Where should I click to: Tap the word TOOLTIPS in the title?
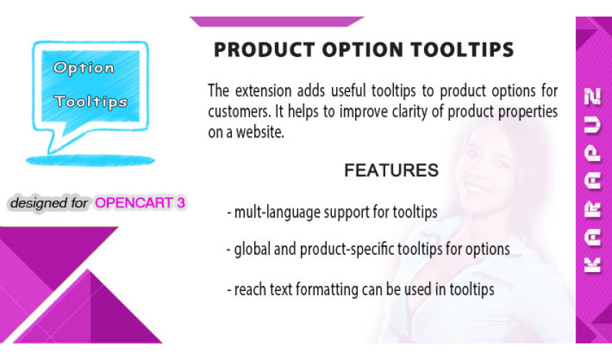462,50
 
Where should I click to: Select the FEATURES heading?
392,170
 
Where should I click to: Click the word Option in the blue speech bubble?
84,68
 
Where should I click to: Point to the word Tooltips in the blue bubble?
91,102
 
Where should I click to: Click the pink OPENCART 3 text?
140,202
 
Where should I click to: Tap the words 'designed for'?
49,203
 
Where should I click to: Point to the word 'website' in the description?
259,132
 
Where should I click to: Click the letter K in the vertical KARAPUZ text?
592,265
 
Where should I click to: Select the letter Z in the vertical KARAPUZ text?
593,96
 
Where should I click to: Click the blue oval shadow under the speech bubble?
91,160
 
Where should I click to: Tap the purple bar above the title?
277,22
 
